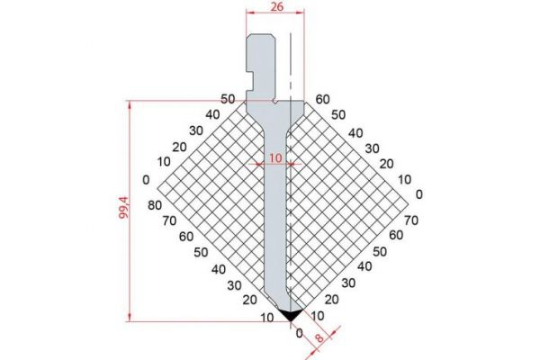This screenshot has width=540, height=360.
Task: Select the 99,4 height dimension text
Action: [x=123, y=211]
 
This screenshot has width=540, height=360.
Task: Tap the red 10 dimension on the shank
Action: [x=274, y=157]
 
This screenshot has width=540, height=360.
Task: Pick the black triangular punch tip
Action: [x=290, y=314]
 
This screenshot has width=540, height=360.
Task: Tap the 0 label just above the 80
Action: [x=145, y=178]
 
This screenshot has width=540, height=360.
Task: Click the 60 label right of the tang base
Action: [x=323, y=99]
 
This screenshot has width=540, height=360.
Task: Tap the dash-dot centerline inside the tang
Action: [x=290, y=63]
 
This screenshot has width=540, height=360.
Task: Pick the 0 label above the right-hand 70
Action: [x=418, y=193]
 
